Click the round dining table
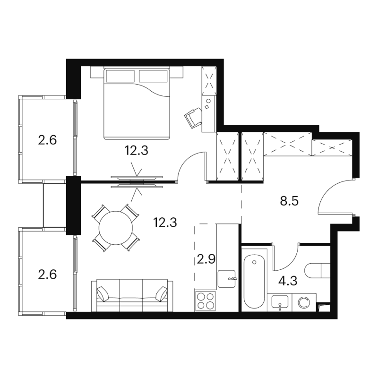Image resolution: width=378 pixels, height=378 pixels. tap(116, 228)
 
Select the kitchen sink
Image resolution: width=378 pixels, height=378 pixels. tap(227, 279)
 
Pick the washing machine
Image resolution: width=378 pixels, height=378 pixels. tap(304, 302)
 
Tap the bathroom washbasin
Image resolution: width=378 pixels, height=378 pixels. tap(280, 302)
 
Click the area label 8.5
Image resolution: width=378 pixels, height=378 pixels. tap(289, 201)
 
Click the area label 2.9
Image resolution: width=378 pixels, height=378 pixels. tap(206, 259)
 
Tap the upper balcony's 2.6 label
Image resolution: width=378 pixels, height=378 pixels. tap(47, 140)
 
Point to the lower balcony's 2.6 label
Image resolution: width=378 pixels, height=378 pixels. tap(47, 275)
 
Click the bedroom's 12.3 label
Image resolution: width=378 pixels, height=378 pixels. tap(136, 150)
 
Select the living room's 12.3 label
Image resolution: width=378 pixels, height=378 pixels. tap(165, 222)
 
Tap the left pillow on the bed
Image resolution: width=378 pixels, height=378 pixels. tap(120, 76)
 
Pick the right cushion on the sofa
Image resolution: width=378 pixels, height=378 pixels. tap(161, 293)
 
